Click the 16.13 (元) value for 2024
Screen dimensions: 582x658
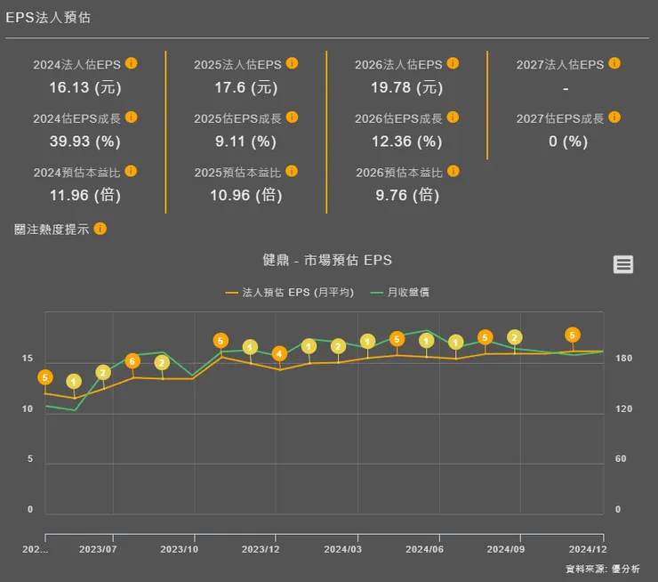[x=84, y=87]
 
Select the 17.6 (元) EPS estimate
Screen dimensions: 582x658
[x=245, y=87]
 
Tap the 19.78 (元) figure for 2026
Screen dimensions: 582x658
[x=406, y=87]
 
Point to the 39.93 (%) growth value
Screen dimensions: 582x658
[x=84, y=141]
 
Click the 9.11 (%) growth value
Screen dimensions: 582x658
[x=245, y=141]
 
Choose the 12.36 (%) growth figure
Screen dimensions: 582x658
[x=406, y=141]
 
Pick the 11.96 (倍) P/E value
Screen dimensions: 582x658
[x=84, y=194]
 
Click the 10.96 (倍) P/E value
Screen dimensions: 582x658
[x=245, y=194]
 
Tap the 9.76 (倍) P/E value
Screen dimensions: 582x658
[x=406, y=194]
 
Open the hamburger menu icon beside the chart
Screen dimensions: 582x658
[x=623, y=263]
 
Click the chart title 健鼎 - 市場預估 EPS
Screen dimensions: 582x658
[x=327, y=260]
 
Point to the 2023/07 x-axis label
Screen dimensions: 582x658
[x=98, y=549]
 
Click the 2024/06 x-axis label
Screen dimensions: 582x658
[x=423, y=549]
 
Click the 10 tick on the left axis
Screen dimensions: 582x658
[x=28, y=409]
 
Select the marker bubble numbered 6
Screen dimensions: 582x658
[x=132, y=361]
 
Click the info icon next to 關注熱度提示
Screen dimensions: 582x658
[x=100, y=229]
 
